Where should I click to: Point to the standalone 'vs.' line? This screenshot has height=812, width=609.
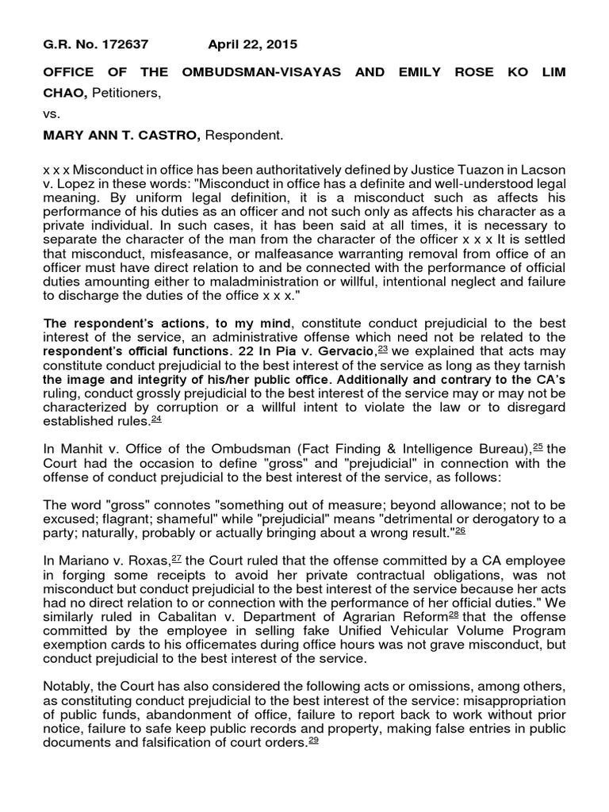point(52,114)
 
